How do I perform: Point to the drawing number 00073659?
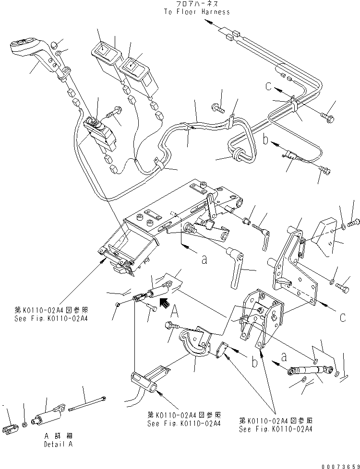336,463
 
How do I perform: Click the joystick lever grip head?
24,47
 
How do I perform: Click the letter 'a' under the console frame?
204,260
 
